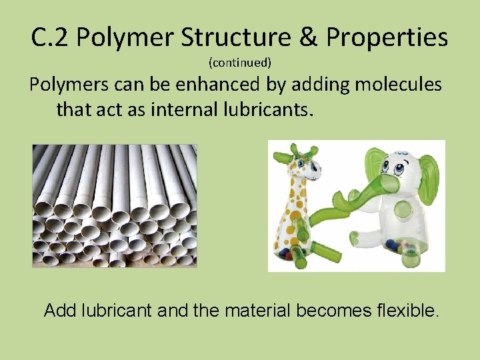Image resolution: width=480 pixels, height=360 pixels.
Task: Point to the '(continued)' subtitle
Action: coord(240,63)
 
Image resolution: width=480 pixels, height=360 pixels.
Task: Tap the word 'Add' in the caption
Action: coord(59,310)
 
